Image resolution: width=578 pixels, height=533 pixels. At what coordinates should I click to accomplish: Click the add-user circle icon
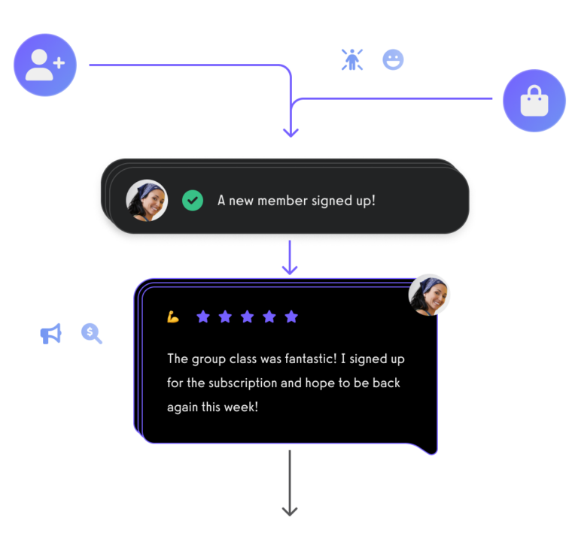click(x=45, y=65)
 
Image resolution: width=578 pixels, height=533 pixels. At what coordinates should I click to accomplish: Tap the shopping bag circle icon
click(x=534, y=101)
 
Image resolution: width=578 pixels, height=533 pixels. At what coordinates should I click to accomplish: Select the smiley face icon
click(x=393, y=59)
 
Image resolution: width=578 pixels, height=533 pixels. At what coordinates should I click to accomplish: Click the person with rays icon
click(x=352, y=59)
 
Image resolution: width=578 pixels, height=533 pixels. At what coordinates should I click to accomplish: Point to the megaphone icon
click(x=51, y=334)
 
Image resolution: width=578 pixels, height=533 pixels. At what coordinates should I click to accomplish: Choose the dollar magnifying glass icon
click(x=91, y=334)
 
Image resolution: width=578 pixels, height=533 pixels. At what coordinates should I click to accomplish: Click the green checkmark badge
click(x=193, y=201)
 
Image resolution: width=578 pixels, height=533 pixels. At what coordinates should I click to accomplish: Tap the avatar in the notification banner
click(x=147, y=201)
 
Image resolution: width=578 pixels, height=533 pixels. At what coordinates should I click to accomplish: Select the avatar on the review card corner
click(x=429, y=295)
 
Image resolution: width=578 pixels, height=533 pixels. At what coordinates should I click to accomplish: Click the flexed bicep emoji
click(x=173, y=316)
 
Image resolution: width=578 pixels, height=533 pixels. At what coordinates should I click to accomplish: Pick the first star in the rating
click(x=203, y=316)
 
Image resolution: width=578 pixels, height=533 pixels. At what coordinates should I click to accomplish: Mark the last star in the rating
click(x=291, y=316)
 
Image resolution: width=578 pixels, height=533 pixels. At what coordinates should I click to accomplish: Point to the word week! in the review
click(x=241, y=407)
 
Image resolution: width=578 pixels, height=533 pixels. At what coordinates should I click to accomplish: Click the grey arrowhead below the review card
click(x=290, y=511)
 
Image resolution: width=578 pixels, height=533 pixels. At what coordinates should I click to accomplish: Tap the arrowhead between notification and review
click(x=290, y=269)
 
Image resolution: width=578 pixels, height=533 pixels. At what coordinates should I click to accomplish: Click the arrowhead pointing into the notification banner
click(x=291, y=132)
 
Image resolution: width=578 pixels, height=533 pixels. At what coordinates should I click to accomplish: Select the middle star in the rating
click(x=248, y=316)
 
